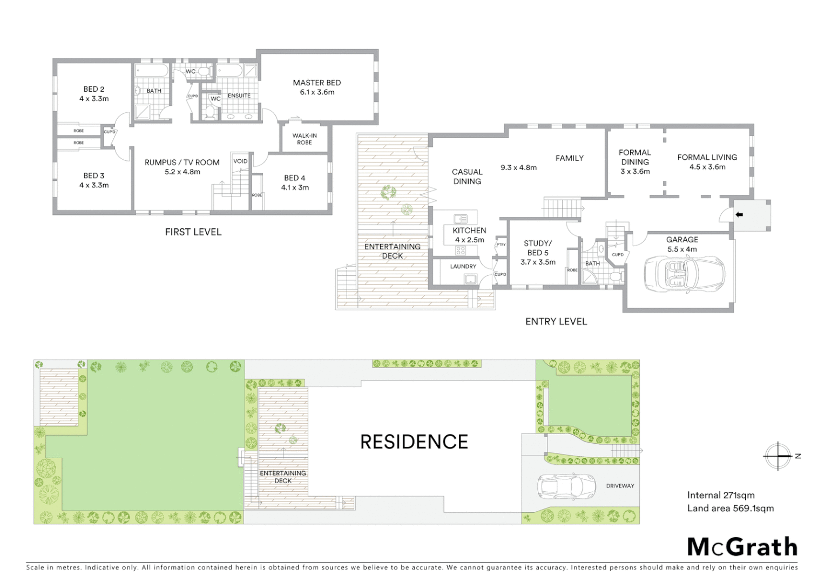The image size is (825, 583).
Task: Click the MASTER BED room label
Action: tap(317, 83)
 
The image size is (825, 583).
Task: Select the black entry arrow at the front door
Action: tap(739, 215)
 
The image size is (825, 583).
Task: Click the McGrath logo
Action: tap(742, 547)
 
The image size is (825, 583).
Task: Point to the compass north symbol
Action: tap(778, 456)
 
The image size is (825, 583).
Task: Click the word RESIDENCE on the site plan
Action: tap(414, 442)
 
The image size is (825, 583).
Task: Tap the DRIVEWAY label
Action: tap(620, 486)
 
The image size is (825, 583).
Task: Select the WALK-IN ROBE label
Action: tap(305, 139)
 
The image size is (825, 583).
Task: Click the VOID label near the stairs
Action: tap(240, 161)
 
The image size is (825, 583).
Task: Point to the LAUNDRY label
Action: tap(463, 267)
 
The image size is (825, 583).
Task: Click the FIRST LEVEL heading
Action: tap(193, 232)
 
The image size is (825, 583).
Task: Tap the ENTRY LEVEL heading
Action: tap(556, 322)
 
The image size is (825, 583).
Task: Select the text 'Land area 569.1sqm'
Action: tap(731, 509)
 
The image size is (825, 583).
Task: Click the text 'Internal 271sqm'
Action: tap(721, 496)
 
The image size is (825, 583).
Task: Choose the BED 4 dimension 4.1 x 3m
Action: tap(295, 188)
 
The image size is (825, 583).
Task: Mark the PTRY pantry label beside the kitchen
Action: tap(501, 245)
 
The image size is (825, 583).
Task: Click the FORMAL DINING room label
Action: tap(635, 157)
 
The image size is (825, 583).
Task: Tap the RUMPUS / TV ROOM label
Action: tap(182, 162)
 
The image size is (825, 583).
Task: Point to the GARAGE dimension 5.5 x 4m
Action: tap(682, 249)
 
